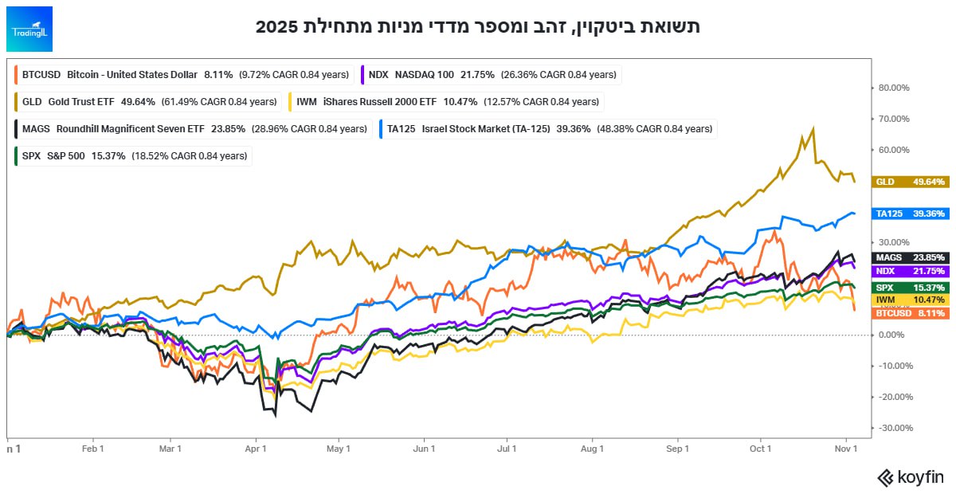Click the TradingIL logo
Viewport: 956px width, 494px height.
(29, 29)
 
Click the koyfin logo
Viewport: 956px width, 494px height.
(910, 477)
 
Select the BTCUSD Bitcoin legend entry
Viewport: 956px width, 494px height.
(183, 75)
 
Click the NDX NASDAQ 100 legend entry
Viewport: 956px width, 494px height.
(490, 75)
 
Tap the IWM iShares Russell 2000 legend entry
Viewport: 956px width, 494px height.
(445, 102)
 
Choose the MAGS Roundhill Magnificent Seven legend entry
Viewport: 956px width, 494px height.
(190, 128)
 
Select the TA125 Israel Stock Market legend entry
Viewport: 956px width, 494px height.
(546, 128)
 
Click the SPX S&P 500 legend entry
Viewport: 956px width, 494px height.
(132, 155)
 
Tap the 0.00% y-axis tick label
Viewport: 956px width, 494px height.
(894, 335)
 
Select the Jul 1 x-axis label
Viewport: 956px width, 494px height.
(507, 449)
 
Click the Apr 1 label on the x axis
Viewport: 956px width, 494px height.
(257, 449)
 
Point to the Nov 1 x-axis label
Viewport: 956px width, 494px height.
(845, 449)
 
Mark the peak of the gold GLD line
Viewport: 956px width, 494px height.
(813, 127)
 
